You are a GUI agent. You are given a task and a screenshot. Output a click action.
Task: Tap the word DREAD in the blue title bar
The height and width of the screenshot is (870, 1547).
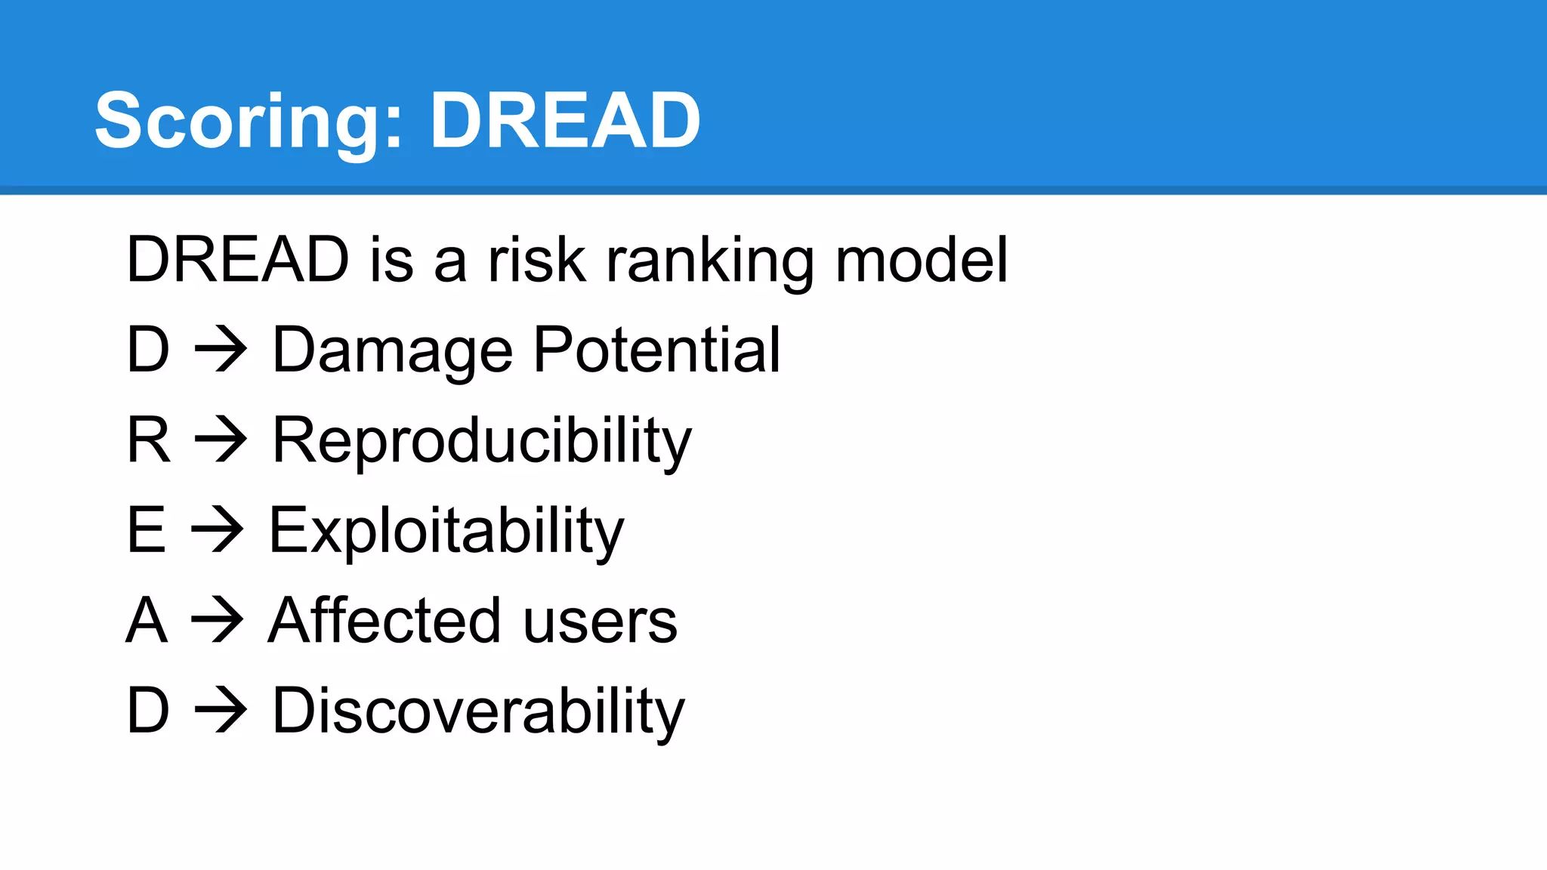coord(565,121)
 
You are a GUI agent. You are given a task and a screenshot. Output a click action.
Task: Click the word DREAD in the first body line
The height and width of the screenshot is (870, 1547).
coord(237,260)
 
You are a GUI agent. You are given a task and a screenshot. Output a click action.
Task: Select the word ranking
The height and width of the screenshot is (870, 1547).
coord(710,261)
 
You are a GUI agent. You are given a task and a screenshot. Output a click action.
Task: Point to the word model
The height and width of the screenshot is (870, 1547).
coord(921,260)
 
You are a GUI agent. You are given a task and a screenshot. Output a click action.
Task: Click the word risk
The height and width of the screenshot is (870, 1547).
coord(537,260)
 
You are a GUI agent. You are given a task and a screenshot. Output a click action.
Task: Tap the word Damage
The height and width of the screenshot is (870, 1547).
coord(393,350)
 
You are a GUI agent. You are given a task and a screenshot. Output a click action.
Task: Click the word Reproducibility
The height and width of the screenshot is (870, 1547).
coord(481,441)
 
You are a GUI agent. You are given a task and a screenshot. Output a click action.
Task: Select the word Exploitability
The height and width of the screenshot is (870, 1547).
coord(446,532)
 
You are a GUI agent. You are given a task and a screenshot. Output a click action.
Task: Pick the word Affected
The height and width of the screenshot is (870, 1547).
coord(384,621)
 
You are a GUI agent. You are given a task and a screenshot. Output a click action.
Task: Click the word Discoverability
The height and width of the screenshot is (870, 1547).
coord(478,711)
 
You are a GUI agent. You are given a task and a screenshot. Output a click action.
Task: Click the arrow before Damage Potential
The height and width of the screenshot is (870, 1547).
coord(221,350)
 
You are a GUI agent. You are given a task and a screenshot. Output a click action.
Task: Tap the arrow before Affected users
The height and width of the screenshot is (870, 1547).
coord(218,621)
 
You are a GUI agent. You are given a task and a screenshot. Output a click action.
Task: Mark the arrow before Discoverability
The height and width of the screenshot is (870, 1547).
coord(221,711)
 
